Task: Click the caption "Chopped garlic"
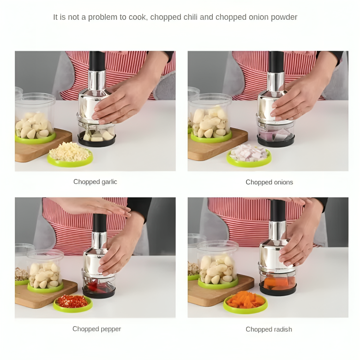[95, 182]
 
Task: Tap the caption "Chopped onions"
[269, 182]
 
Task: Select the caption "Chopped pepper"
[96, 329]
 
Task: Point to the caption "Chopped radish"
[269, 329]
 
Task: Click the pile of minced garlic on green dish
[70, 152]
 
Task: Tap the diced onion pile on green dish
[249, 153]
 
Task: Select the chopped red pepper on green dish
[72, 301]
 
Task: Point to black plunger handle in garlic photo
[97, 61]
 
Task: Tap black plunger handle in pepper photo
[100, 223]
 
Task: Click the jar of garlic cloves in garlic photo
[35, 118]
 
